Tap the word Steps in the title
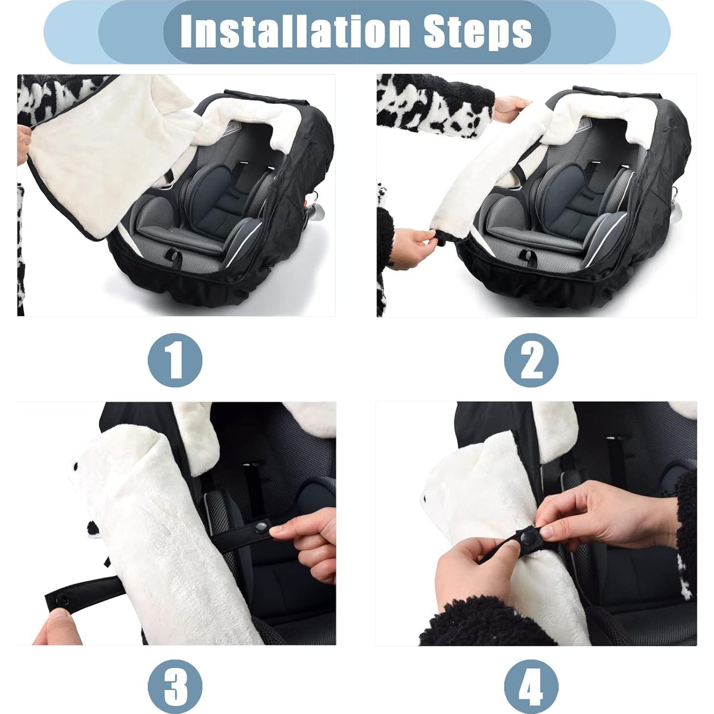pyautogui.click(x=477, y=31)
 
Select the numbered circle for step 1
pyautogui.click(x=175, y=361)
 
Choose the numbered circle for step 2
pyautogui.click(x=531, y=361)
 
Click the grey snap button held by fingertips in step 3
pyautogui.click(x=261, y=527)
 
